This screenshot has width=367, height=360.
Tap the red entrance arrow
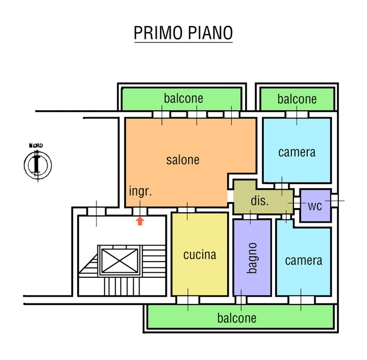point(140,221)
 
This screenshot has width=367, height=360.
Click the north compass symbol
point(37,163)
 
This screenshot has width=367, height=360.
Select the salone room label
point(183,160)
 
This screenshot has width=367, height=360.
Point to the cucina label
point(200,254)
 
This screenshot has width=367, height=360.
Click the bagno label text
point(251,258)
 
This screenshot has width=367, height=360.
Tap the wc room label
point(315,206)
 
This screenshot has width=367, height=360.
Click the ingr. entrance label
point(140,191)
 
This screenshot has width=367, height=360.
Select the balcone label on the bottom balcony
point(237,318)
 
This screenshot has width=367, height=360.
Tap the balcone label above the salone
point(183,98)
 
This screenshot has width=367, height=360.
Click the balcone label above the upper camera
point(297,99)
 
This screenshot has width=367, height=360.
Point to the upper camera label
point(297,152)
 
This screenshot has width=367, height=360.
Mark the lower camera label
point(303,260)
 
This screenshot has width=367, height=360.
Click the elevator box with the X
point(118,260)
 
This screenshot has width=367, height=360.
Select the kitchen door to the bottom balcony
point(188,300)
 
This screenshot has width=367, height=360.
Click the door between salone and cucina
point(187,210)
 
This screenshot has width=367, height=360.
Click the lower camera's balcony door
point(301,300)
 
